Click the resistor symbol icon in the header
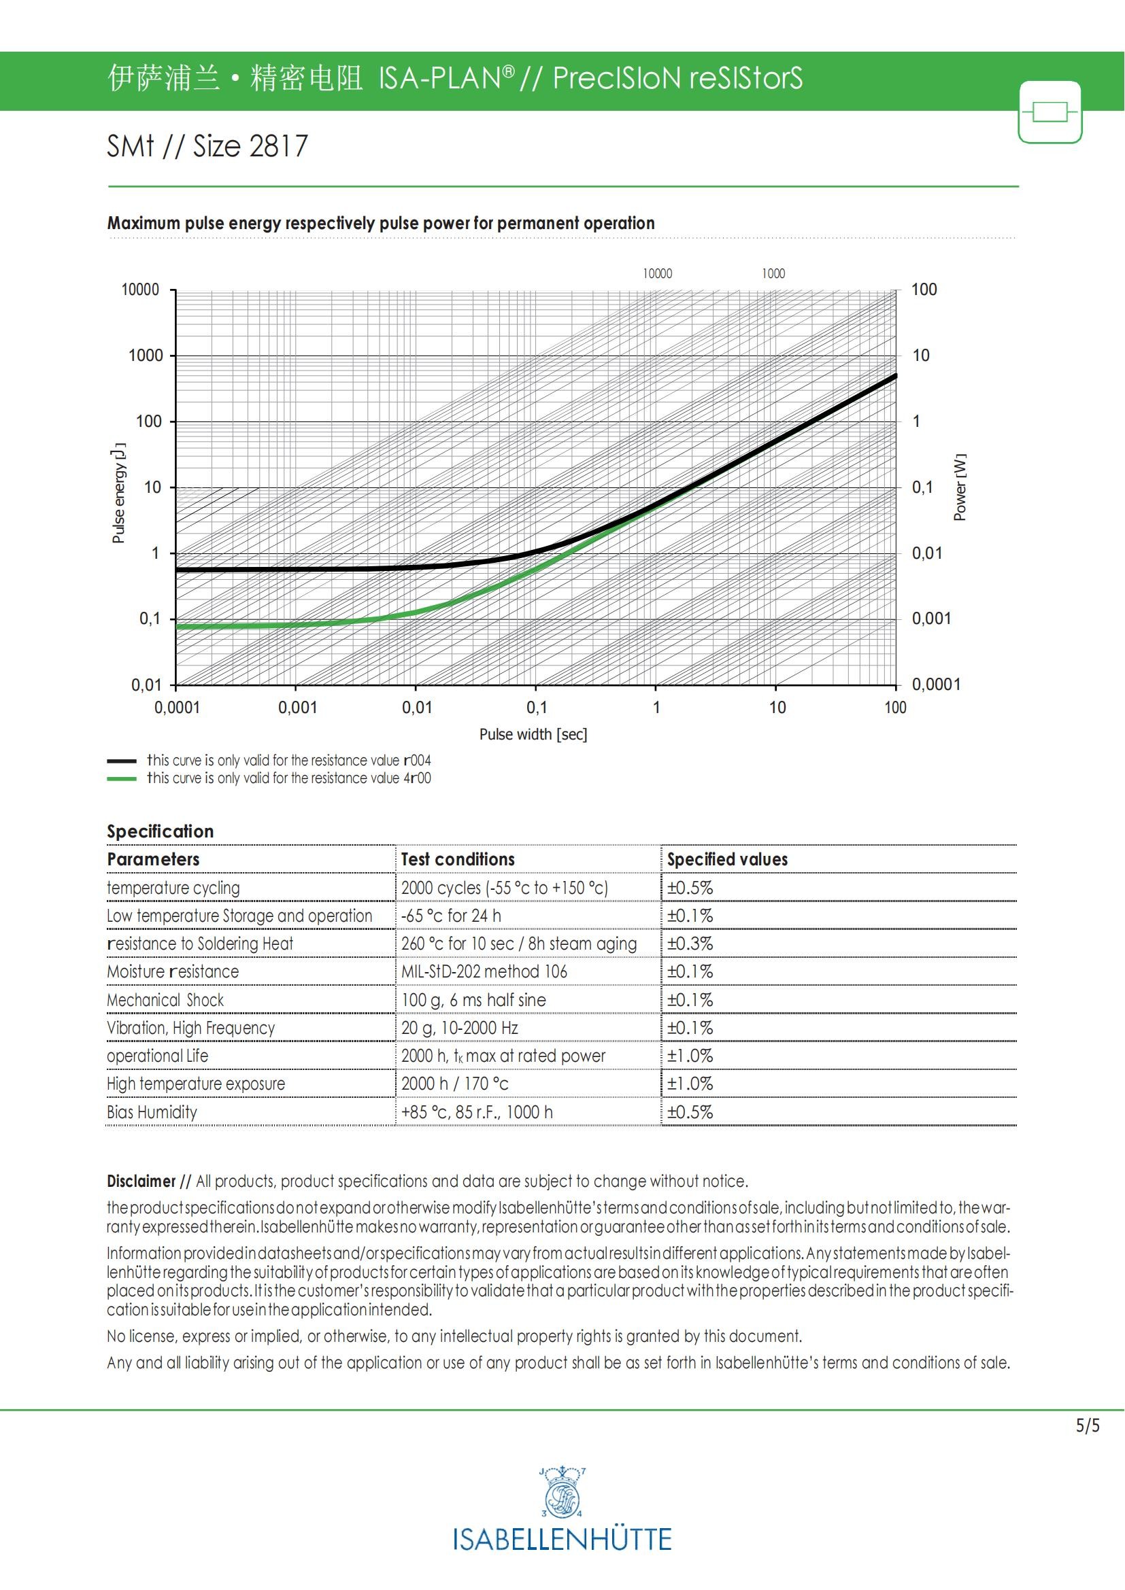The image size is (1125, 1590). [1050, 112]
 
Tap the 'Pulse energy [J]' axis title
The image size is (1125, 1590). [119, 492]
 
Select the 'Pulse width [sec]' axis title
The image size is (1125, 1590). [533, 734]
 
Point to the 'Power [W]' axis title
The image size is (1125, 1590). [960, 487]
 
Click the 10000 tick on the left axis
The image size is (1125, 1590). [141, 290]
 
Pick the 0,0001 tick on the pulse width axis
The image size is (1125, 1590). [177, 708]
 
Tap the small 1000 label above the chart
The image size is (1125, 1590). [773, 273]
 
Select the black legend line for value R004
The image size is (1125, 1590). [121, 761]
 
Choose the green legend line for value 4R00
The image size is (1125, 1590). [121, 779]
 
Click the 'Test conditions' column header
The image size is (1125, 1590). [458, 859]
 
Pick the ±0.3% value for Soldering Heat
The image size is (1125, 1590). [690, 944]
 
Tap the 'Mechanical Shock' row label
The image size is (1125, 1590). [165, 1000]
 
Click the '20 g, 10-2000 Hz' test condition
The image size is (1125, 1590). [459, 1028]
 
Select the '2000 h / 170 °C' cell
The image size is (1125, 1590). [454, 1084]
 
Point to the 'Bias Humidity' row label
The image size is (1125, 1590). [152, 1112]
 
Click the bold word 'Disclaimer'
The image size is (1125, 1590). [141, 1181]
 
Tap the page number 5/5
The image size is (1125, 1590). [1087, 1426]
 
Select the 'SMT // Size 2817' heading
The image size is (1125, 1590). [207, 146]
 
